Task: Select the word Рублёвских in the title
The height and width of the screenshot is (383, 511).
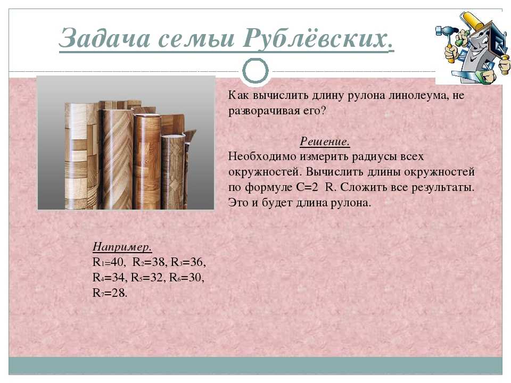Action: (318, 38)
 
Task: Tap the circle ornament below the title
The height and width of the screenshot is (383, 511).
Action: (256, 71)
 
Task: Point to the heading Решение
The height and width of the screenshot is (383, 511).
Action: (325, 141)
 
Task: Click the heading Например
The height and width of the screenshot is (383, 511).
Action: (122, 246)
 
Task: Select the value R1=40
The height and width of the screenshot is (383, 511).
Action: (109, 262)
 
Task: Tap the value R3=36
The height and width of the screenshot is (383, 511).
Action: (188, 262)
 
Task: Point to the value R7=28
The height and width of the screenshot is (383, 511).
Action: (110, 293)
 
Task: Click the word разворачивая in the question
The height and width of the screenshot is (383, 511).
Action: (265, 111)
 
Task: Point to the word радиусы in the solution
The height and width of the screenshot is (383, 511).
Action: (371, 156)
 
